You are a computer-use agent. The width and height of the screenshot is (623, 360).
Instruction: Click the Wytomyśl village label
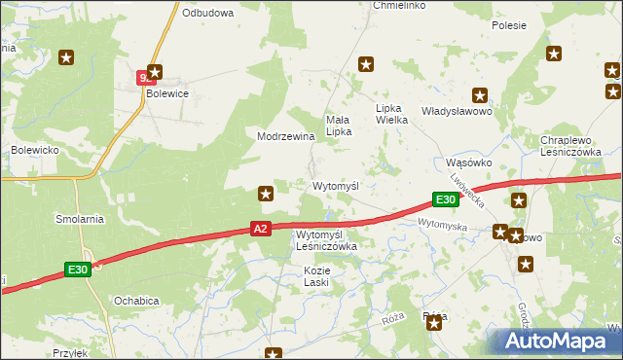pos(336,185)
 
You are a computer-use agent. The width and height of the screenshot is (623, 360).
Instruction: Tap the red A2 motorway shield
pos(259,229)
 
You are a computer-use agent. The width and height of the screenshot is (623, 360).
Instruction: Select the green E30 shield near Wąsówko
pos(445,199)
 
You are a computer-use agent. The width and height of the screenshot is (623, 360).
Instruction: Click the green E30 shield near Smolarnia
pos(79,269)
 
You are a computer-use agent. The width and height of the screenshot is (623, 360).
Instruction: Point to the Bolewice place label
pos(165,94)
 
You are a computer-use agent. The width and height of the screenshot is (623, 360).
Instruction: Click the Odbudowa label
pos(208,13)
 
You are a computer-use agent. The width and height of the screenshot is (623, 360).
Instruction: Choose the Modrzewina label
pos(285,136)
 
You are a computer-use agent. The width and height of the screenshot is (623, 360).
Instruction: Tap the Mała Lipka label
pos(338,124)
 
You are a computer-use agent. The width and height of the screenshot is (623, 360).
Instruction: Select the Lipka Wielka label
pos(396,114)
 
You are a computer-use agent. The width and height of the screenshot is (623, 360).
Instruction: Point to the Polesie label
pos(509,25)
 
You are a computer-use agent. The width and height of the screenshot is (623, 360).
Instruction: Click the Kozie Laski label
pos(316,275)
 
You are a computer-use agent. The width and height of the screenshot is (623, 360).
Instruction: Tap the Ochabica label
pos(136,301)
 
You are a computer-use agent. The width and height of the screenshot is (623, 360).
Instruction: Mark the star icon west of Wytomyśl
pos(265,194)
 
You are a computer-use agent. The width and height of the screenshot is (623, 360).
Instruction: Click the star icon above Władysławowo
pos(480,94)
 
